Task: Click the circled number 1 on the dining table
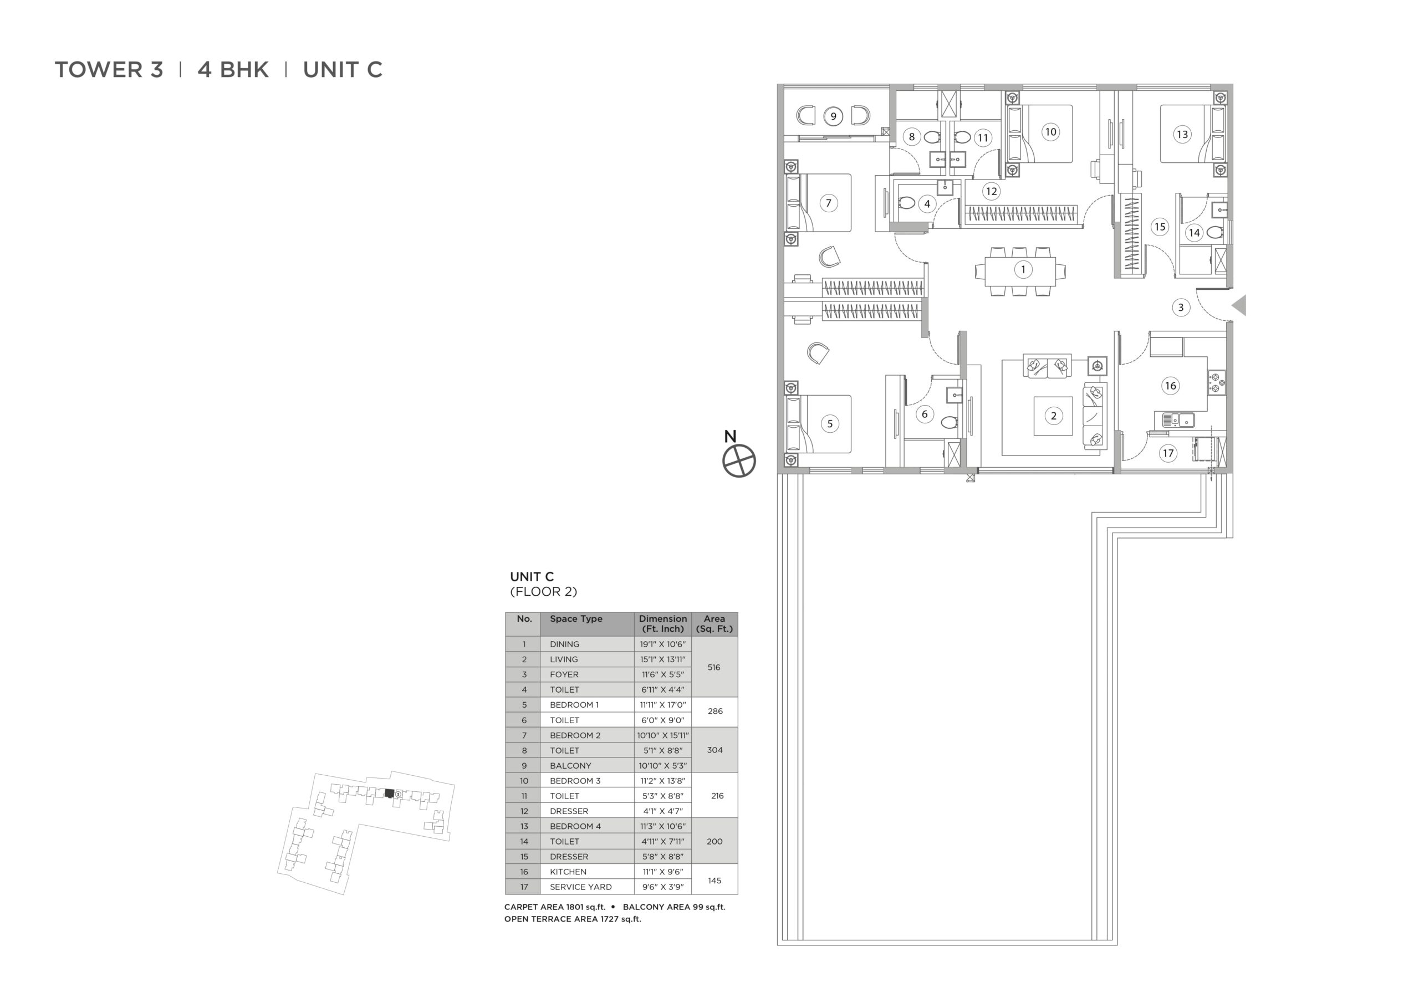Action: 1023,269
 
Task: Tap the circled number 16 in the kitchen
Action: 1170,386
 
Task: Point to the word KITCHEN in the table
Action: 568,871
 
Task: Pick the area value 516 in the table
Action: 714,667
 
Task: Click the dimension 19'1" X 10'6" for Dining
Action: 662,644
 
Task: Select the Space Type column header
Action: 576,618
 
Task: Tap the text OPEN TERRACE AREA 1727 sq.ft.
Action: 572,919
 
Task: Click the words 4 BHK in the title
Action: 233,69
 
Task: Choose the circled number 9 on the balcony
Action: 833,116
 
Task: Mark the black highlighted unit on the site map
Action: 389,794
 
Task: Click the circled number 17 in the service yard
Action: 1167,453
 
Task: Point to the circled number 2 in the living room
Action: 1054,416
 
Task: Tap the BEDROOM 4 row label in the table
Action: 575,826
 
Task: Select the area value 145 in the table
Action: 714,881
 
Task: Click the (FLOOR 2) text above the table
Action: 543,591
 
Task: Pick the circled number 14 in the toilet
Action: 1193,233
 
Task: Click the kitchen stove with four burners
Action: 1216,382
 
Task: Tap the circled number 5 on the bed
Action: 829,423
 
